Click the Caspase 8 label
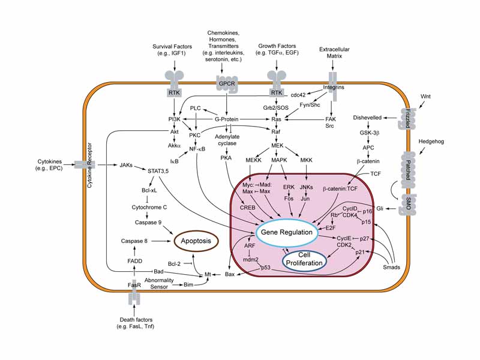tap(133, 241)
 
